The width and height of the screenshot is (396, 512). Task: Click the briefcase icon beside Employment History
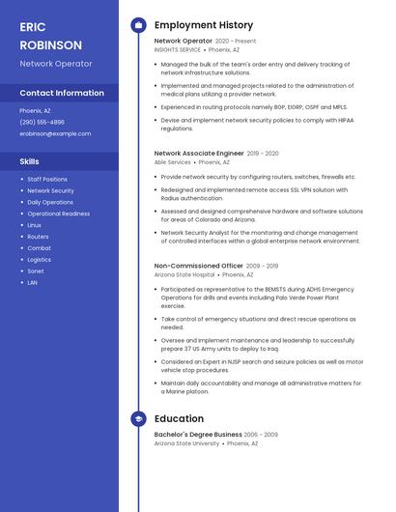138,25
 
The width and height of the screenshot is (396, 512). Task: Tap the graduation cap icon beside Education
138,418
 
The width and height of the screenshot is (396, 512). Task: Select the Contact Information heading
62,93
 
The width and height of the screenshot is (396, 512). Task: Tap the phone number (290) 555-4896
42,123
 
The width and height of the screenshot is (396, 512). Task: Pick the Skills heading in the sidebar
30,161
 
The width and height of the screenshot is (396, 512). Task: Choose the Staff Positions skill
47,180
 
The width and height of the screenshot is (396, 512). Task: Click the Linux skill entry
35,225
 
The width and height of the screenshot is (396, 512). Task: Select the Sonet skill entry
36,271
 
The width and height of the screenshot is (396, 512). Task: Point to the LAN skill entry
33,283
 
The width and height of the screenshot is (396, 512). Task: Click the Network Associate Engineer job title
199,153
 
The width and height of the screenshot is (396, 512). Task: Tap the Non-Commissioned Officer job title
199,265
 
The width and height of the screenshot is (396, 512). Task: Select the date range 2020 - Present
236,42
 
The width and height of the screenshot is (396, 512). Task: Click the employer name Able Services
173,162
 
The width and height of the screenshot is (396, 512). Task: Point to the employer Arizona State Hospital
184,274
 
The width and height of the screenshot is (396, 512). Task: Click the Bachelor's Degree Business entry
198,435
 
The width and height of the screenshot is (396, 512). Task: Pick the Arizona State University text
186,443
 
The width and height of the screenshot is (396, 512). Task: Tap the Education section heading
179,418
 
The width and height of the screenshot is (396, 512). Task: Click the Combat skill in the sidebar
39,248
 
